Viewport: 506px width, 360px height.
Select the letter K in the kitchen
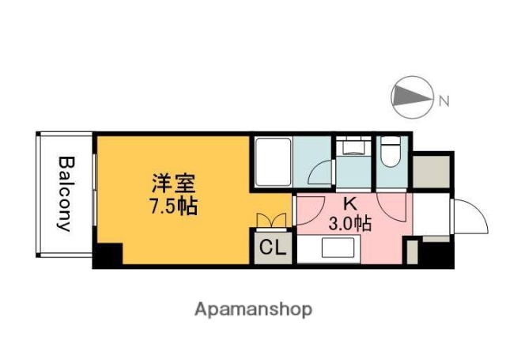coord(350,203)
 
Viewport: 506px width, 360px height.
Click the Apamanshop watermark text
coord(253,309)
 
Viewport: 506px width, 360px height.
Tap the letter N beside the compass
coord(444,100)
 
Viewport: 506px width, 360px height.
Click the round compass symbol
coord(412,98)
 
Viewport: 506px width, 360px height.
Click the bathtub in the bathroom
coord(273,163)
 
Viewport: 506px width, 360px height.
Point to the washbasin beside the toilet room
coord(351,147)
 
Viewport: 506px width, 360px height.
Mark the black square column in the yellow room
coord(108,256)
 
